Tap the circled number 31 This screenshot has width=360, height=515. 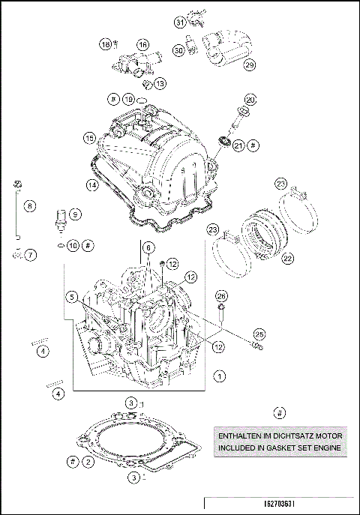tap(180, 22)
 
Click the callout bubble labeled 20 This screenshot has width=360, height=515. tap(250, 98)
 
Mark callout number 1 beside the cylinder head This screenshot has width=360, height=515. tap(219, 375)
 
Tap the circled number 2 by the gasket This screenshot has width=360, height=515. tap(88, 462)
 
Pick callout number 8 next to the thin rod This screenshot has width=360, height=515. tap(30, 205)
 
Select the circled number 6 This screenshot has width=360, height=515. tap(148, 248)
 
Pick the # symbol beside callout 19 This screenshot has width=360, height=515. tap(112, 99)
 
